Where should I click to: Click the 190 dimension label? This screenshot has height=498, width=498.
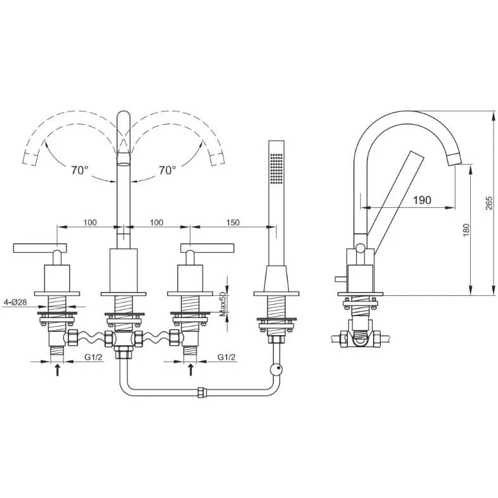[422, 200]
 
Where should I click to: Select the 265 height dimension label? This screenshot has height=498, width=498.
[489, 203]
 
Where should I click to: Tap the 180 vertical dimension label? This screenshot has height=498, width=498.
[466, 230]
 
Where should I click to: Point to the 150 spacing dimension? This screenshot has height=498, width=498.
[233, 222]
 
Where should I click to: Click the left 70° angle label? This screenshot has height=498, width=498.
[79, 170]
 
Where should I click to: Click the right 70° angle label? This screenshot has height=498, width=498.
[167, 170]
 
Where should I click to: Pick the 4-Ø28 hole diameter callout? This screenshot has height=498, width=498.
[15, 302]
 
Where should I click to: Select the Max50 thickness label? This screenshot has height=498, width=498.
[222, 304]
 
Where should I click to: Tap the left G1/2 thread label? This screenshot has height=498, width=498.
[93, 357]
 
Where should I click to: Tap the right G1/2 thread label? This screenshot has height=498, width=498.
[226, 357]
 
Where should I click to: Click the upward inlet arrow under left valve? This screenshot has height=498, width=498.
[58, 370]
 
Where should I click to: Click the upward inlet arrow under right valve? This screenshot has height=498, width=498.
[191, 370]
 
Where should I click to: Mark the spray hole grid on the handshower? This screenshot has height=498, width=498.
[276, 169]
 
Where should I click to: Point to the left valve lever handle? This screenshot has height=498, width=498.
[40, 248]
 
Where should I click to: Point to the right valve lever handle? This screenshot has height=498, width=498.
[207, 248]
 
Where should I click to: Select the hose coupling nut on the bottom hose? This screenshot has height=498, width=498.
[200, 392]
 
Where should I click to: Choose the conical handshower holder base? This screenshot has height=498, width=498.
[276, 279]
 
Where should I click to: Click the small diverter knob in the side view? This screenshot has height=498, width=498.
[341, 279]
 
